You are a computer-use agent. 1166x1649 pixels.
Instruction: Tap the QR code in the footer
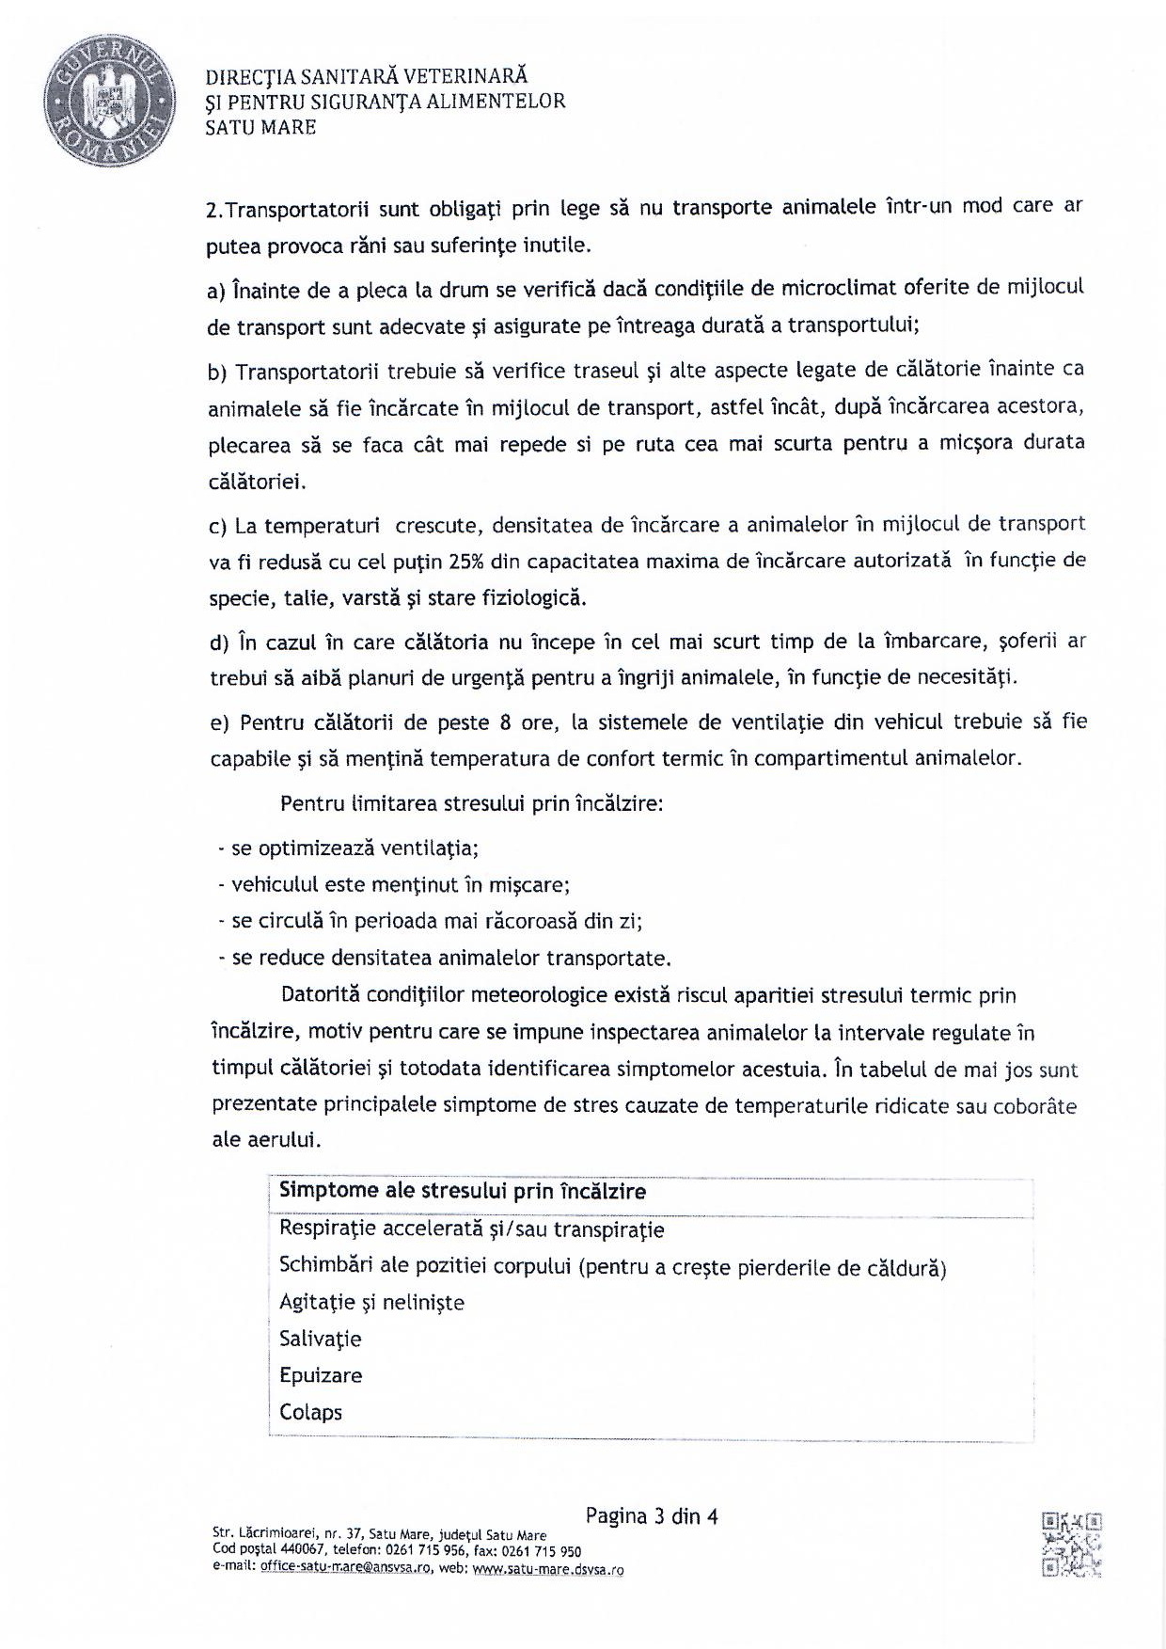click(1071, 1544)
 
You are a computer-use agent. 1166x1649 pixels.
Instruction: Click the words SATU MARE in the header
click(260, 127)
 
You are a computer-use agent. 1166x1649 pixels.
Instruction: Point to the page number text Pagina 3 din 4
click(651, 1515)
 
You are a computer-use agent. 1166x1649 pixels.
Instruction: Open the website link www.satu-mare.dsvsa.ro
click(548, 1568)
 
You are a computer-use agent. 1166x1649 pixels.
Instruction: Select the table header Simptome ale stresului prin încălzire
click(463, 1192)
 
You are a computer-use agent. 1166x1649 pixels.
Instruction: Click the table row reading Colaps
click(310, 1412)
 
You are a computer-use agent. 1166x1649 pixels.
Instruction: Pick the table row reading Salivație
click(320, 1339)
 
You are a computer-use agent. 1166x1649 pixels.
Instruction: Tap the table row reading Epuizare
click(321, 1375)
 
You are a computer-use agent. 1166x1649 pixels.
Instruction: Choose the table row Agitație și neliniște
click(371, 1302)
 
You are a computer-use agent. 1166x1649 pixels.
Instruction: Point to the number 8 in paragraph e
click(503, 722)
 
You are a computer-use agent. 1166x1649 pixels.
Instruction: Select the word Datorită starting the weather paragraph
click(320, 995)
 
